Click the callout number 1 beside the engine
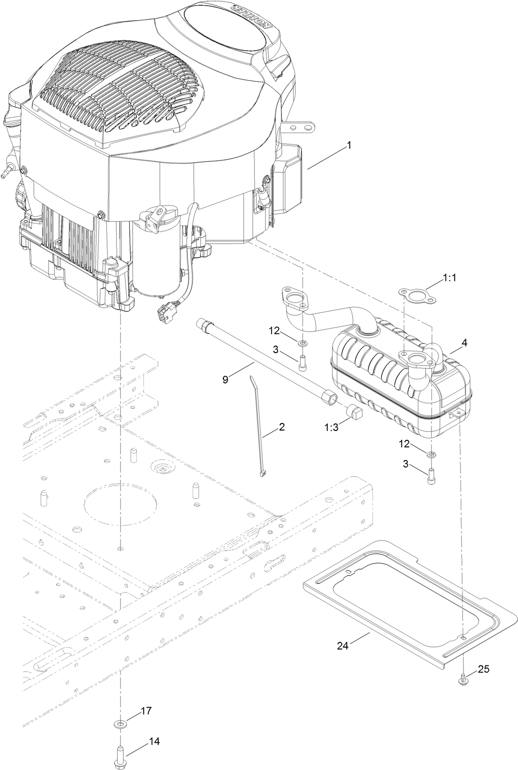(348, 146)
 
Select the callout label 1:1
(449, 278)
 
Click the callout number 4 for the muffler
(464, 343)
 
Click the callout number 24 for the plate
(343, 646)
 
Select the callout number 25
(483, 669)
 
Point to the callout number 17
(146, 711)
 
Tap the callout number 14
(154, 741)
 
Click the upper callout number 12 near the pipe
(274, 331)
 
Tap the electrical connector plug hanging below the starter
(167, 311)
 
